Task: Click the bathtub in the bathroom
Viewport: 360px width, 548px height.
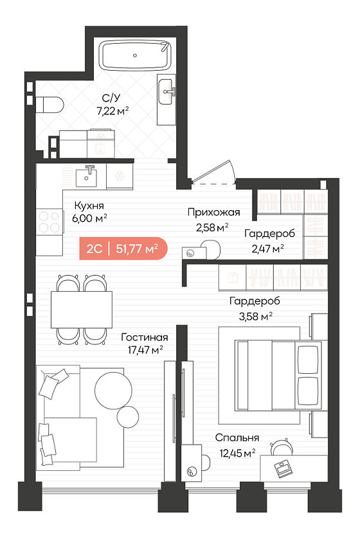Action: click(x=136, y=55)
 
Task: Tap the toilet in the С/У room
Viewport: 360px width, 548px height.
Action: click(x=50, y=105)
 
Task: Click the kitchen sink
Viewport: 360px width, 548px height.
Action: click(x=85, y=177)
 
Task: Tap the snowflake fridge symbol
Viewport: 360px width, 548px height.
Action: click(x=120, y=177)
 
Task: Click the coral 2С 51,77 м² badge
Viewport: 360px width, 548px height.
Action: click(x=123, y=249)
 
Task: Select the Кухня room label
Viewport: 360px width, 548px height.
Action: click(x=89, y=206)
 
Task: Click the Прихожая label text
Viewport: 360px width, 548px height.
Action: click(x=213, y=212)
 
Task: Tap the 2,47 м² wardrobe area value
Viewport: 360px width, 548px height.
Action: click(x=267, y=249)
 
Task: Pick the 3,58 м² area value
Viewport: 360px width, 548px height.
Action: click(x=256, y=317)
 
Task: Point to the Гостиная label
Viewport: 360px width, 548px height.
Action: click(x=145, y=337)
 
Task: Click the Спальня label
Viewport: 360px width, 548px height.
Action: click(x=237, y=438)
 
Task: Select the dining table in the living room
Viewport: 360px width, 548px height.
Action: click(x=82, y=309)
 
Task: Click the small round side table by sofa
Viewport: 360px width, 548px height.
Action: click(x=128, y=418)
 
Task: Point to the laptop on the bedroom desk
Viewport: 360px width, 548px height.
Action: click(x=283, y=469)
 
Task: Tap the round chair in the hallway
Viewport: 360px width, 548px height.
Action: click(x=211, y=249)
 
